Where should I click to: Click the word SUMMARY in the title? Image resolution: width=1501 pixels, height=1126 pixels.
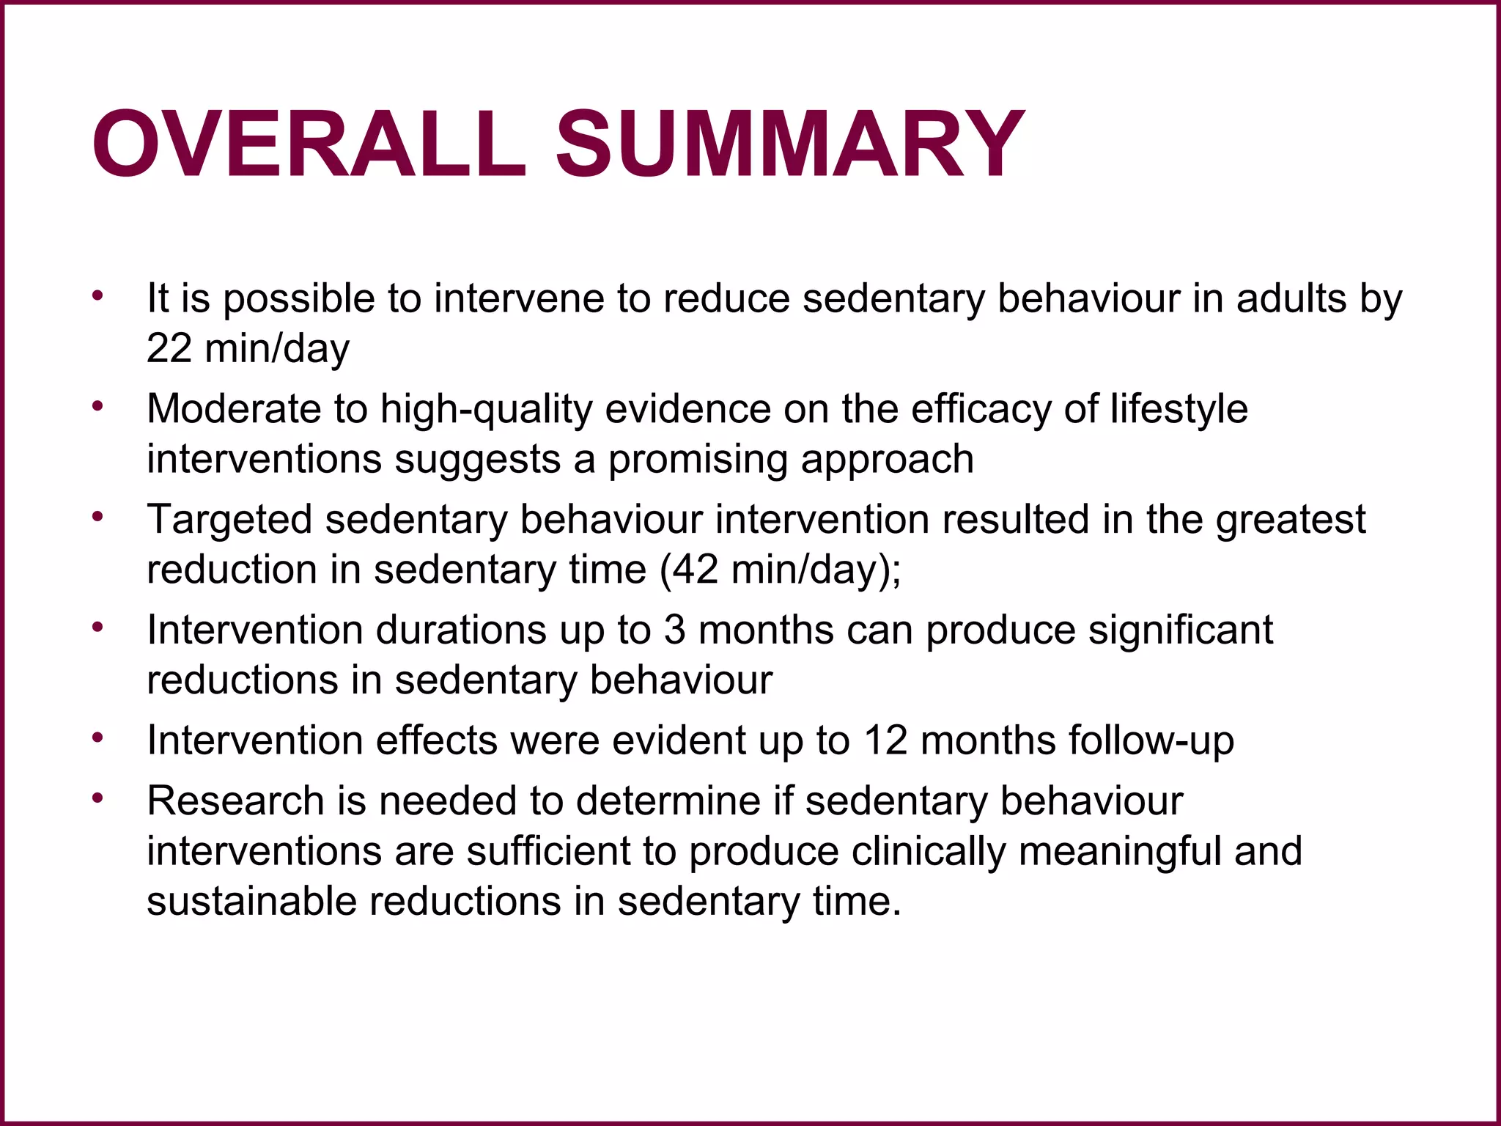coord(789,144)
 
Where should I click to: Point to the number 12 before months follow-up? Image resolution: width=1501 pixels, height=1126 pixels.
coord(885,740)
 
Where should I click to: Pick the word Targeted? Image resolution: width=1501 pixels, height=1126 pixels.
coord(229,519)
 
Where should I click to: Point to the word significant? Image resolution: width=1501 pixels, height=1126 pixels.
coord(1180,630)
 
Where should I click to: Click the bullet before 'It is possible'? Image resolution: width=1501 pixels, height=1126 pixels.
coord(97,296)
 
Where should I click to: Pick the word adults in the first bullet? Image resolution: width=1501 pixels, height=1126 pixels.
coord(1291,298)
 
